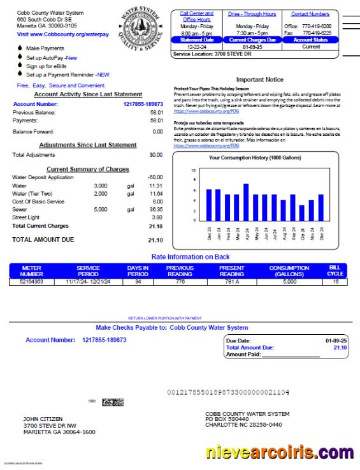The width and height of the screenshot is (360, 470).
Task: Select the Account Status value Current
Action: [311, 47]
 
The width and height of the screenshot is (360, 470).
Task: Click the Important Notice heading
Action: [259, 80]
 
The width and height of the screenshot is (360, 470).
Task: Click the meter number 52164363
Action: [31, 281]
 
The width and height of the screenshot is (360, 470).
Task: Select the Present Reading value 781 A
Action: [231, 281]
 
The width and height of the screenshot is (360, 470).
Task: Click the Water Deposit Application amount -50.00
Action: [155, 177]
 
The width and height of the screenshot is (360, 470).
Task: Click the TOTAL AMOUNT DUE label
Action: [43, 240]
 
